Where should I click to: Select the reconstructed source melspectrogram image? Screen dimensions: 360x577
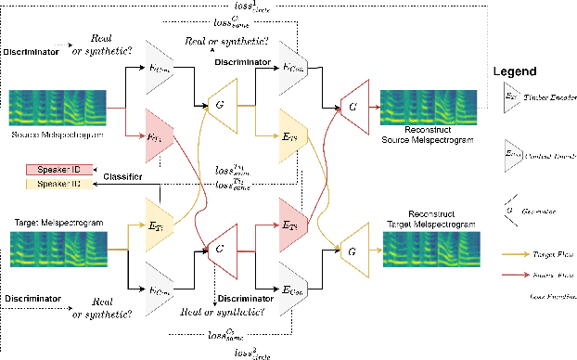430,109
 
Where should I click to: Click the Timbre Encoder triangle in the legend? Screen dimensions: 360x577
511,96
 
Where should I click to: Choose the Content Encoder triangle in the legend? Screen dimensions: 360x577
511,153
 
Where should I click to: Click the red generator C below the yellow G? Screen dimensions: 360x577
220,250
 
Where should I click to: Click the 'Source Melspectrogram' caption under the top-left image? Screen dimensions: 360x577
55,135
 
